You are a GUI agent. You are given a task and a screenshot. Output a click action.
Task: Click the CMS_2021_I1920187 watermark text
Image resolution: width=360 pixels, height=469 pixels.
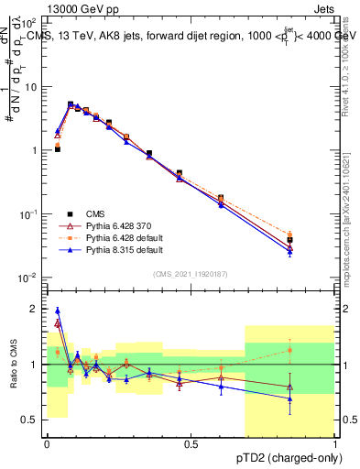[x=191, y=274]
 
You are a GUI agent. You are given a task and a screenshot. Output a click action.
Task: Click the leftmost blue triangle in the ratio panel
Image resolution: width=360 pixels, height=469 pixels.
[x=58, y=311]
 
